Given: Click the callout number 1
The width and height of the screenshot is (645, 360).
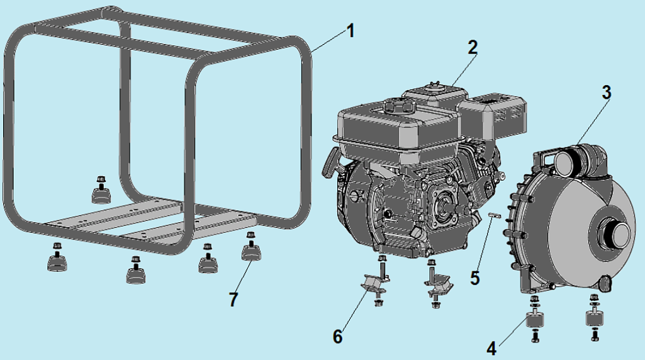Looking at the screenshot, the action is click(351, 31).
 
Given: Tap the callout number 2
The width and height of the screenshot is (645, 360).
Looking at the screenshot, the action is click(473, 48).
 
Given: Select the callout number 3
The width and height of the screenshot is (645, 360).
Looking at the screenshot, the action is click(607, 93).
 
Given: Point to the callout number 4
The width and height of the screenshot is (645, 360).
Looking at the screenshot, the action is click(491, 349).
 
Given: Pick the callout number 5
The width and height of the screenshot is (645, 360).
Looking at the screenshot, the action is click(475, 278).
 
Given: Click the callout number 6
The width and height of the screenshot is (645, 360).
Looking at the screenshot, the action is click(337, 337).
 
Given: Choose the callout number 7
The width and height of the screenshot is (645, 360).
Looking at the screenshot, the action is click(233, 300).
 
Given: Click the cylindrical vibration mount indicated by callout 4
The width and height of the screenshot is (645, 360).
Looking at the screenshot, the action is click(535, 320).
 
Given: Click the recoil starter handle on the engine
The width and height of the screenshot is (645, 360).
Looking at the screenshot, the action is click(332, 162).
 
